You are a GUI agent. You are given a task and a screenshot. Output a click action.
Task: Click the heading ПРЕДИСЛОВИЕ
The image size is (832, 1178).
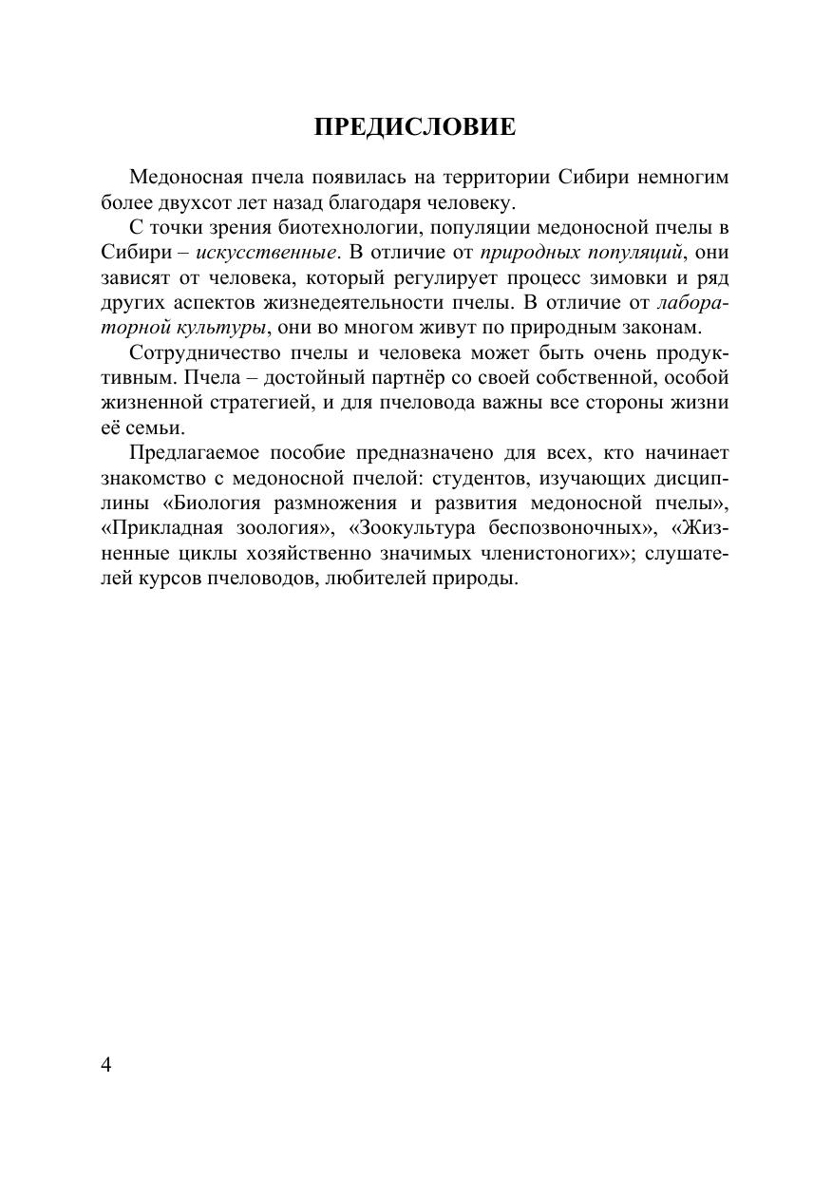point(415,127)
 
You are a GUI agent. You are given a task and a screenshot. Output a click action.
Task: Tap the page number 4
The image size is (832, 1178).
point(106,1064)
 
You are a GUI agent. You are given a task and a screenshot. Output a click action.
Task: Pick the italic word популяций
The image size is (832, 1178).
point(629,253)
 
